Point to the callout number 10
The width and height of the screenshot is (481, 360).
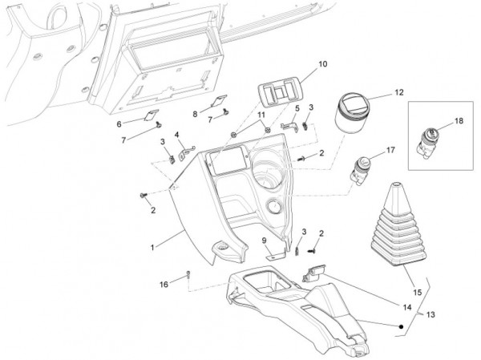pyautogui.click(x=300, y=63)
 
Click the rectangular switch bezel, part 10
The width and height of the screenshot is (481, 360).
pyautogui.click(x=277, y=95)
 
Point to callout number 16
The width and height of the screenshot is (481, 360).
pyautogui.click(x=164, y=284)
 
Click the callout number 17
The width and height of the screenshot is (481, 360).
pyautogui.click(x=390, y=150)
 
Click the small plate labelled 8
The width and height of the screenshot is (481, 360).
pyautogui.click(x=215, y=101)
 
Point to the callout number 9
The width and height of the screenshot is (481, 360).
pyautogui.click(x=263, y=240)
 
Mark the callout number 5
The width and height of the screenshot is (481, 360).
pyautogui.click(x=297, y=108)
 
